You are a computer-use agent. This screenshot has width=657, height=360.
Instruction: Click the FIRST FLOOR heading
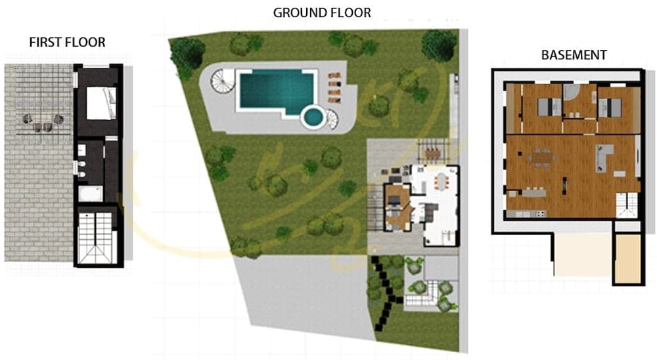pos(67,42)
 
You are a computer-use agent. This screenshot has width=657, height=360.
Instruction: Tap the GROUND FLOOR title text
pos(322,12)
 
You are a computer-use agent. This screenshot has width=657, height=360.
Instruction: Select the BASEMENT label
pos(574,55)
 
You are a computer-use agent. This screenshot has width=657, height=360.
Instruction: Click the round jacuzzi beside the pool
pos(313,117)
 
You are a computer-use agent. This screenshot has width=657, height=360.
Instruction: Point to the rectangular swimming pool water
pos(276,90)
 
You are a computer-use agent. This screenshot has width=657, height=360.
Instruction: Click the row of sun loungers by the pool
pos(334,88)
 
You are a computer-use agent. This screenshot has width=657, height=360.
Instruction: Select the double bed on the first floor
pos(101,104)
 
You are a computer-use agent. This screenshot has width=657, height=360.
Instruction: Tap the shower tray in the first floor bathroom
pos(88,193)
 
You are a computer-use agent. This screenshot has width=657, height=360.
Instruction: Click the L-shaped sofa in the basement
pos(604,158)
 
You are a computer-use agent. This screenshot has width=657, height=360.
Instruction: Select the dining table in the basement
pos(543,158)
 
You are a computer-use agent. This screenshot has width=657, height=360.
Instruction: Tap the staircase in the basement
pos(626,203)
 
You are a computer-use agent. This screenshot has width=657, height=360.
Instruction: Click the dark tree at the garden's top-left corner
pos(187,53)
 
